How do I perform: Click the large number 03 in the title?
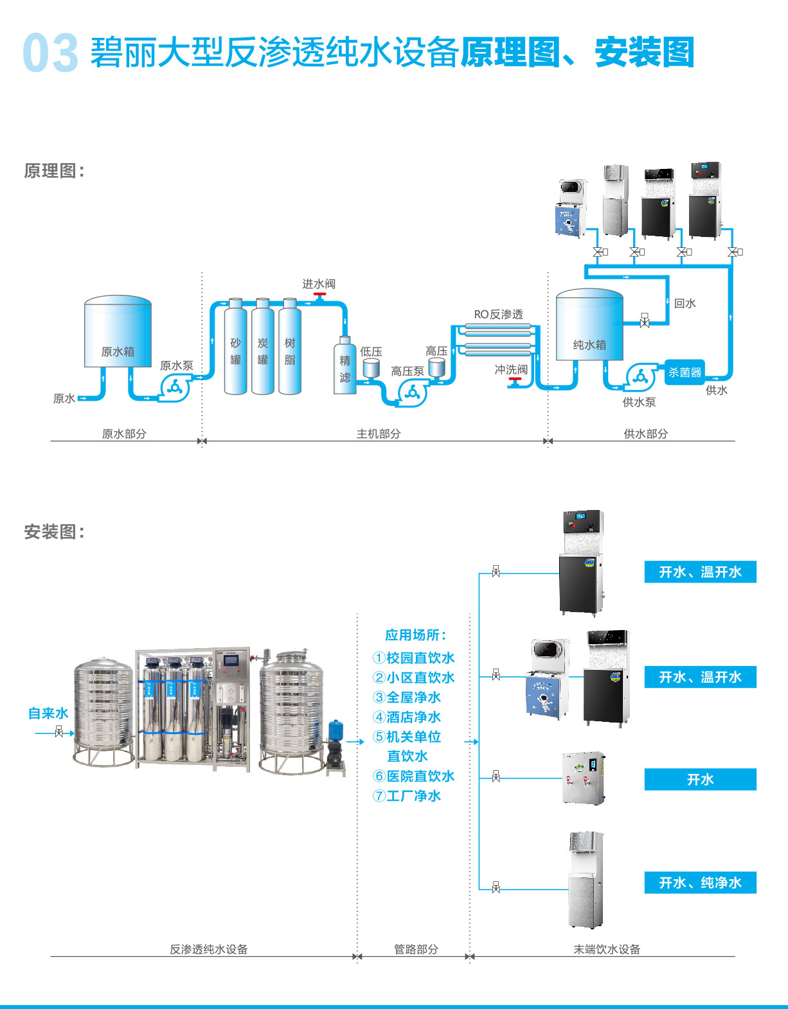50,53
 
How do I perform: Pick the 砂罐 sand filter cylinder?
235,347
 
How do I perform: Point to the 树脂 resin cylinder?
290,347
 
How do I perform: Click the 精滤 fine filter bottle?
345,366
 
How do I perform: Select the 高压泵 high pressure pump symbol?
412,392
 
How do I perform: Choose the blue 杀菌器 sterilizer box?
685,372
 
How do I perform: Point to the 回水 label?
685,303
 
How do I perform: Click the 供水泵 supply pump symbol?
640,378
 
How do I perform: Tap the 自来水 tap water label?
48,713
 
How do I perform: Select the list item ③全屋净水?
407,697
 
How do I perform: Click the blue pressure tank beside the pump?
336,730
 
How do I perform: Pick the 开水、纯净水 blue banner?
700,882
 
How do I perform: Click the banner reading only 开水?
700,779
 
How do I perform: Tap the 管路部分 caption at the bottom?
416,949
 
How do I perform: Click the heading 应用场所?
415,635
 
